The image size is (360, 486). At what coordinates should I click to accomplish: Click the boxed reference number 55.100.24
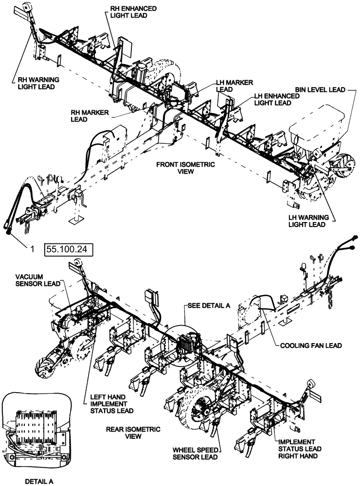click(68, 250)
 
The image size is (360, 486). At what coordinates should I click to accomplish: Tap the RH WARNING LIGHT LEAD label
click(33, 83)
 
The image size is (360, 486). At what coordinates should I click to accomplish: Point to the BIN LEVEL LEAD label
click(320, 90)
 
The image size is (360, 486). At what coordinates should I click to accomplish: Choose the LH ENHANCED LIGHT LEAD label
click(276, 100)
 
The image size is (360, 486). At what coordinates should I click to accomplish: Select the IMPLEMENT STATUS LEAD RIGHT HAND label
click(299, 449)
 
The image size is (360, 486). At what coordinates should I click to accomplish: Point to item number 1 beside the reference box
click(32, 249)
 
